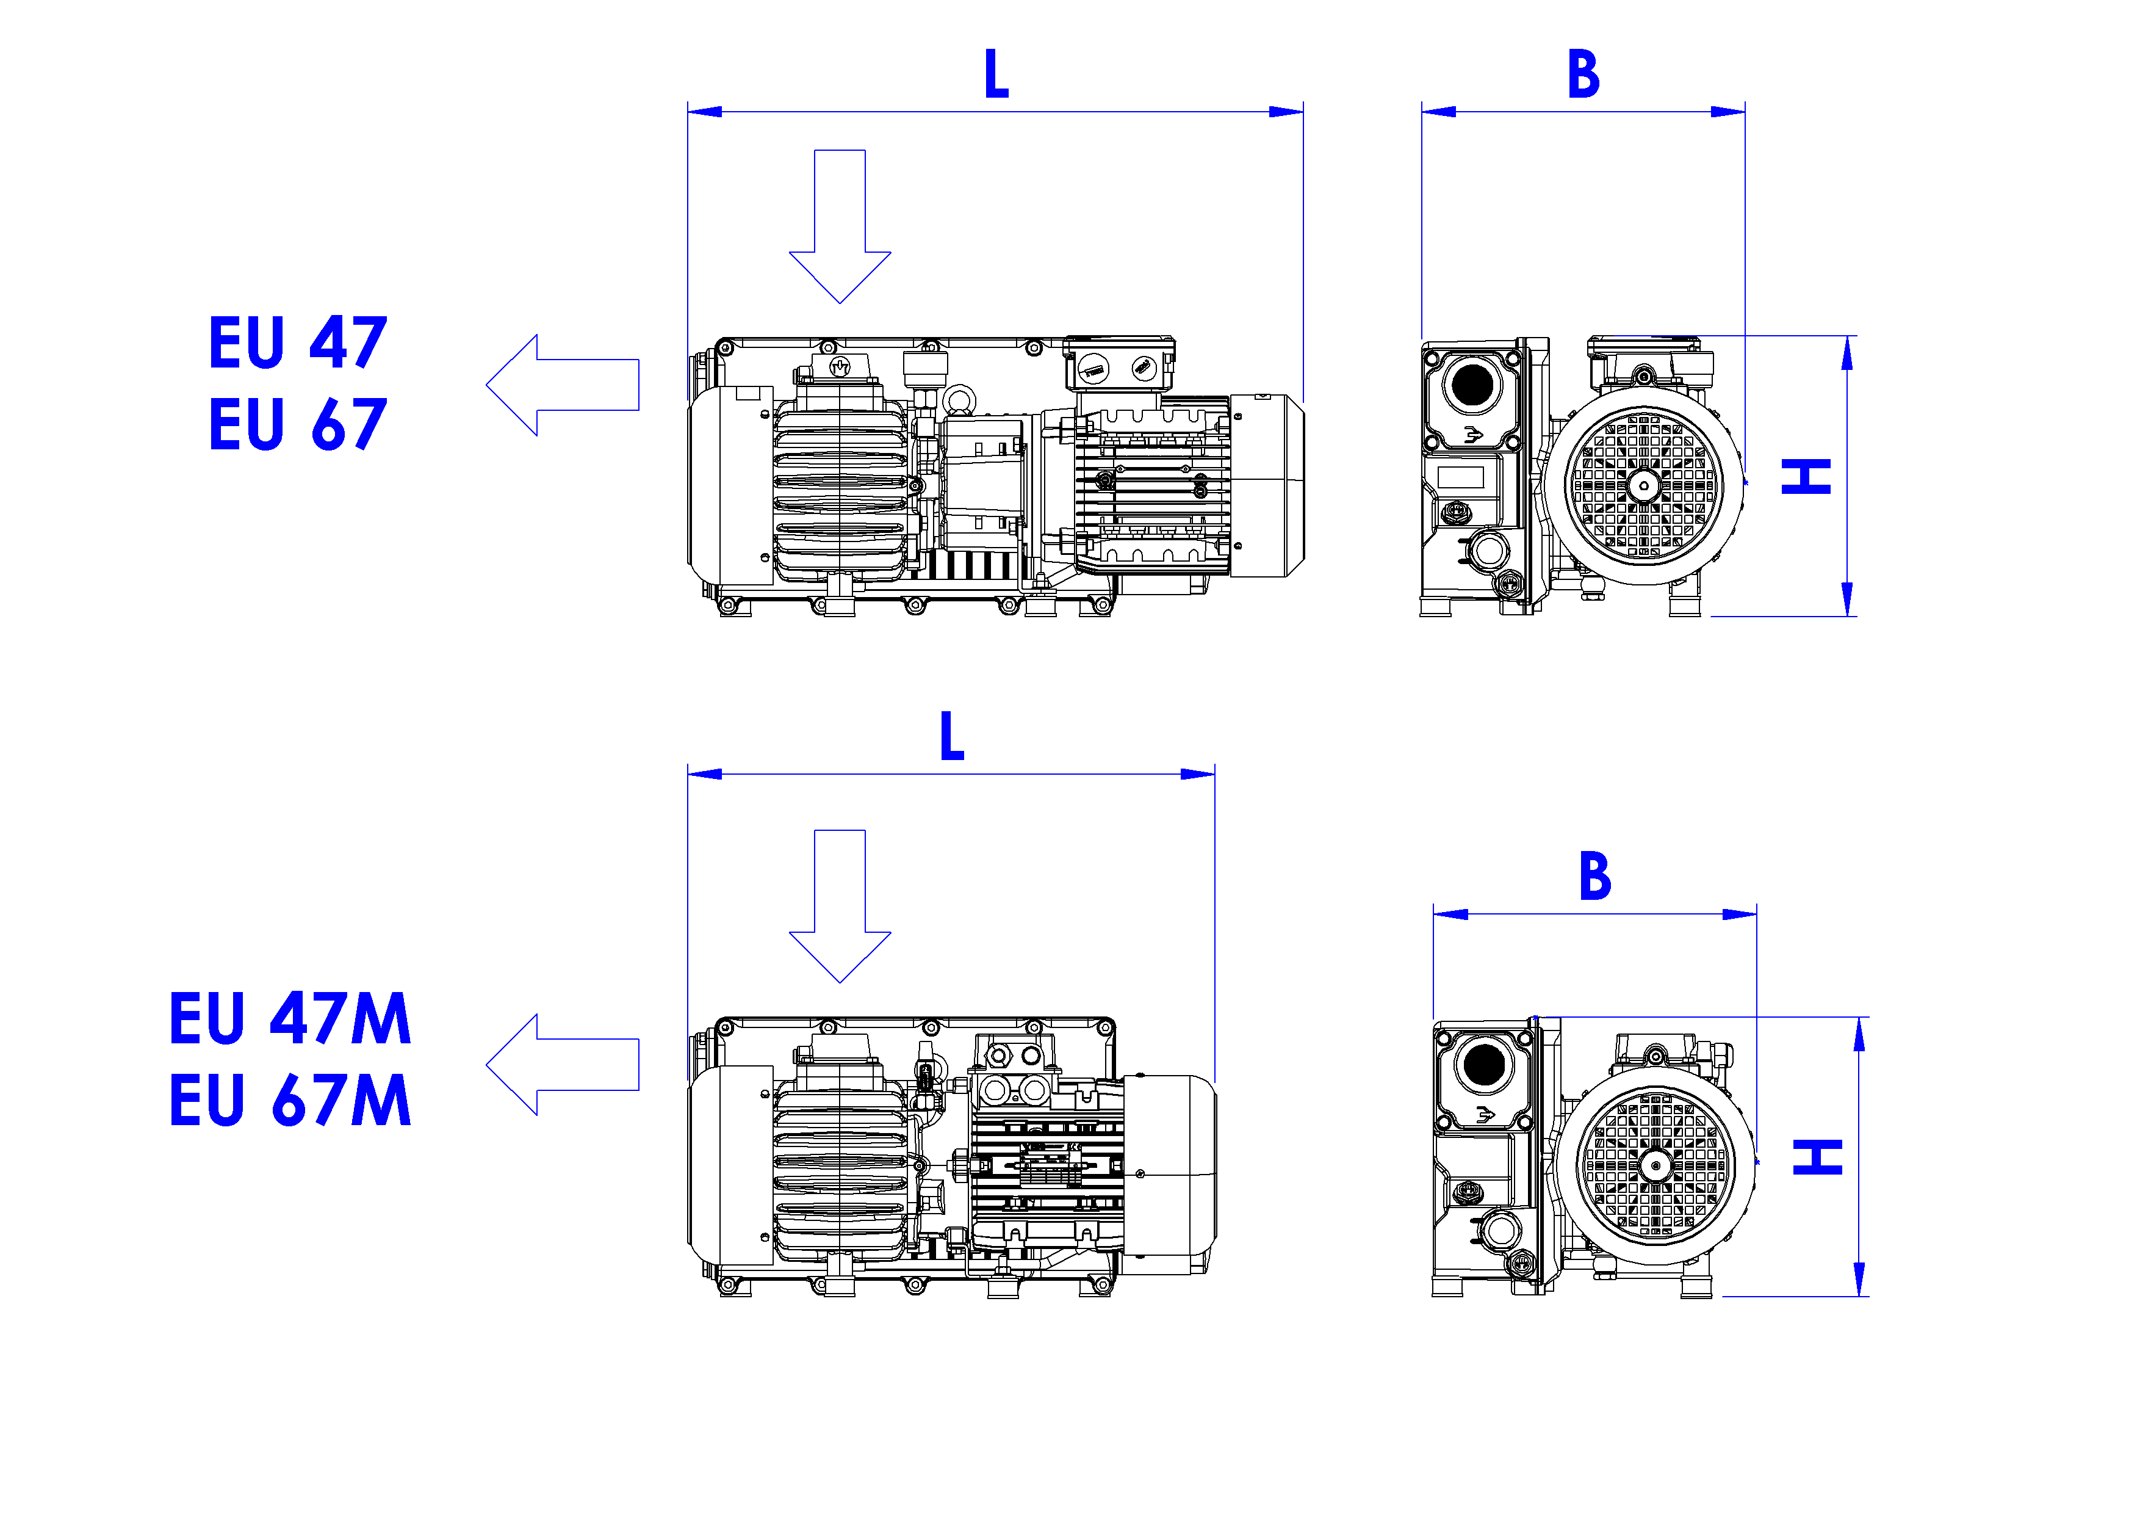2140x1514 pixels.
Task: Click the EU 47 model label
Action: pos(297,343)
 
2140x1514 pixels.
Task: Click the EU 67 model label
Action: pos(297,425)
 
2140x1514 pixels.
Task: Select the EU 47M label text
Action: pos(290,1018)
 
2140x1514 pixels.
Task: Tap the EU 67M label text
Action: pos(290,1100)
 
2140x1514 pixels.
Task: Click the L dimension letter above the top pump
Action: pos(996,74)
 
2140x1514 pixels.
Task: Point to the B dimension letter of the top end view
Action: pos(1583,74)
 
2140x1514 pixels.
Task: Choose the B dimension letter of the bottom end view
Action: pos(1594,876)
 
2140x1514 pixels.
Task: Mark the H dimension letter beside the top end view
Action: pos(1806,476)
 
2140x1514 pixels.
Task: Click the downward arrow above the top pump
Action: pos(840,233)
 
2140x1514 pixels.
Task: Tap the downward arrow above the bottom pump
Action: pos(840,914)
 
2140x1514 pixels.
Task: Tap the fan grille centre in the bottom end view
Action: pos(1655,1165)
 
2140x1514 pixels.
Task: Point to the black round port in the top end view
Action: pos(1472,385)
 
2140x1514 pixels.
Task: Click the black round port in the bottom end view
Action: pos(1484,1065)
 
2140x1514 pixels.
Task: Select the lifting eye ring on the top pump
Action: pos(959,401)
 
